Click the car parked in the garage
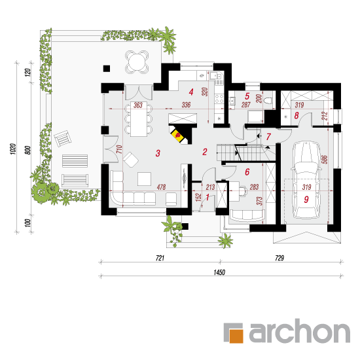pos(306,180)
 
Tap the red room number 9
pos(306,200)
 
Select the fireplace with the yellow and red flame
pos(180,134)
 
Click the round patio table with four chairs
pos(137,62)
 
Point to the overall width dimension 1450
pos(219,272)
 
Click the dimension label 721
pos(160,258)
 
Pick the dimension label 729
pos(279,258)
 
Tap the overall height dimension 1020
pos(13,149)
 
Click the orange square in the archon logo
pos(236,336)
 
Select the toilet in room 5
pos(268,100)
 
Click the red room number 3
pos(158,153)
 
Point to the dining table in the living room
pos(139,119)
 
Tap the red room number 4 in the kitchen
pos(191,92)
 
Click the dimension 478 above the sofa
pos(161,187)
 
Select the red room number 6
pos(247,171)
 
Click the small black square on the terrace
pos(107,69)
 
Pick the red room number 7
pos(268,137)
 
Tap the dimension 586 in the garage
pos(325,160)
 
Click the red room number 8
pos(297,115)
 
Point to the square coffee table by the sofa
pos(144,179)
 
